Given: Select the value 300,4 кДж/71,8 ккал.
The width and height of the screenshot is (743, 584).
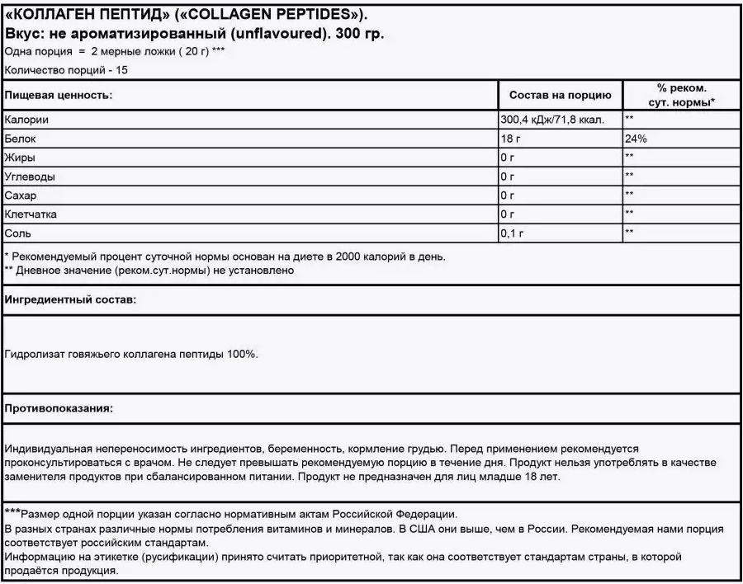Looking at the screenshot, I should [552, 120].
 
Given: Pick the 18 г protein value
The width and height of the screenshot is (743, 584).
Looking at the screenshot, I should [512, 139].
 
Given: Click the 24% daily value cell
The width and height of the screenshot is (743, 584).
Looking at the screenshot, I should [636, 139].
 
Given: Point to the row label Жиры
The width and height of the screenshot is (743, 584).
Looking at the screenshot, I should [20, 157].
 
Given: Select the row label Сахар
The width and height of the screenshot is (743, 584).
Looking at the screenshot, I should [21, 195].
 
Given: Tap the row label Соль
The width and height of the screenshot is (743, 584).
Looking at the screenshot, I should [19, 233].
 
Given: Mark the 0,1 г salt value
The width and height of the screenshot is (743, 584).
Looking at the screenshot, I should [513, 233].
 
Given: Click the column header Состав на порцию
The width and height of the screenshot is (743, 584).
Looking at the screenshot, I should [560, 95].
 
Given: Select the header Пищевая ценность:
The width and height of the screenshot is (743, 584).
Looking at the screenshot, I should [58, 95].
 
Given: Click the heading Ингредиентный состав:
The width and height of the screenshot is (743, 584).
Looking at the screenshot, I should [70, 299].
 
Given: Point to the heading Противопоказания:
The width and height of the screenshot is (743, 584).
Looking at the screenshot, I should [59, 408].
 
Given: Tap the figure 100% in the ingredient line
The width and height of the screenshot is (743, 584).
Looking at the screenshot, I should [240, 354].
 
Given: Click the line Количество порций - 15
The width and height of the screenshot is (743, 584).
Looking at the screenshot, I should [66, 70].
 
